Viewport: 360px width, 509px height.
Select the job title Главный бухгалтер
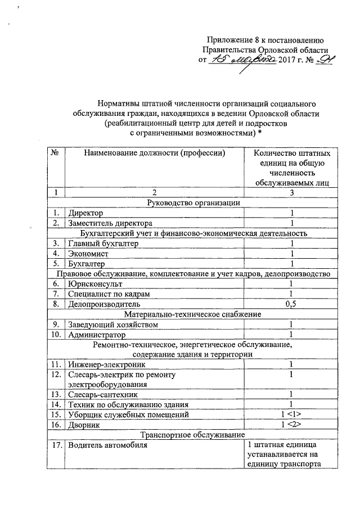point(103,244)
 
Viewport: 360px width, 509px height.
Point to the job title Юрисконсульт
point(93,284)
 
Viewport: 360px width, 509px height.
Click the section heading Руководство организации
point(193,202)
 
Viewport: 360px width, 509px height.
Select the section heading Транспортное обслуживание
point(193,435)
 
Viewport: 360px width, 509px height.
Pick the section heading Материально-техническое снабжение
point(193,314)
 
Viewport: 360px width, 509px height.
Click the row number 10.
point(55,335)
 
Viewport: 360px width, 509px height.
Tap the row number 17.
point(55,446)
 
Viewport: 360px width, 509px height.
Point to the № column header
point(55,152)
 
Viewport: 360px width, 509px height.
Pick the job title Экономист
point(89,254)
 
